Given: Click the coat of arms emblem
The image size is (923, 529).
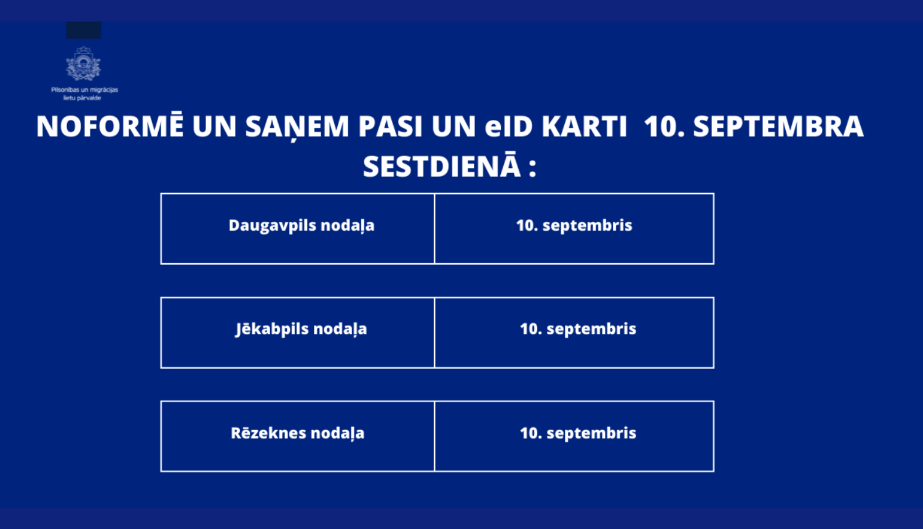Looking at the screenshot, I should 83,64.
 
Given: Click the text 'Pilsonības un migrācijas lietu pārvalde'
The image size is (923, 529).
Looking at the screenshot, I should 84,93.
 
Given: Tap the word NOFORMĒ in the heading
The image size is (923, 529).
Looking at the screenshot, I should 110,127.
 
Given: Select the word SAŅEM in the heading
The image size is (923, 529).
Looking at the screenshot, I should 297,127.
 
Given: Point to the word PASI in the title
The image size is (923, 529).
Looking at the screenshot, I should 390,127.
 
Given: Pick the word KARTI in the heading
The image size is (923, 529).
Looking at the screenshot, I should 584,127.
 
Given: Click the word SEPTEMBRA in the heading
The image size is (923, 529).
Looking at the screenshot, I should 778,127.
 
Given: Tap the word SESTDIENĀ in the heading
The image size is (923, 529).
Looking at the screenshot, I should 442,167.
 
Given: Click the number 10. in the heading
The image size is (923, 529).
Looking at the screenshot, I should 664,127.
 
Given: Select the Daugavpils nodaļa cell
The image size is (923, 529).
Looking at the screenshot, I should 298,229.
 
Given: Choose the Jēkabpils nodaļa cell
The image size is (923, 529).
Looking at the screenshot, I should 298,333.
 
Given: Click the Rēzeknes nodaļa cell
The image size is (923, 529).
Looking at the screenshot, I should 298,436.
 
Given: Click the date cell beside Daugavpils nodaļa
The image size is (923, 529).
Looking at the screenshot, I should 574,229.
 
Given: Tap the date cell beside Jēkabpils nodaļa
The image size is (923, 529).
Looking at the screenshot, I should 574,333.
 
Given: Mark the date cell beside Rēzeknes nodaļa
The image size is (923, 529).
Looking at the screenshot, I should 574,436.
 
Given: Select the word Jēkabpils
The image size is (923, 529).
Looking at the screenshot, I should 271,330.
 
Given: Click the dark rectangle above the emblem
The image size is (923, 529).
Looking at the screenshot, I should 83,30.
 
